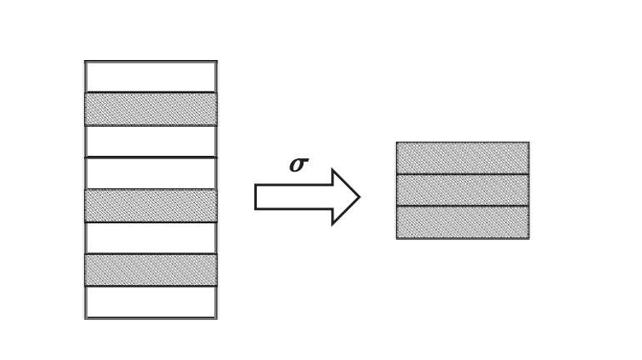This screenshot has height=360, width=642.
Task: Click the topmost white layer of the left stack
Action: click(x=151, y=77)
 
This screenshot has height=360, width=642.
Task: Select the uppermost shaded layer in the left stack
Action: click(x=151, y=109)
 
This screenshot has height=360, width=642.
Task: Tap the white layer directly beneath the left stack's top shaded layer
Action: click(x=151, y=141)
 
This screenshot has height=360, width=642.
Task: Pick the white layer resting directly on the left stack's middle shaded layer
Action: click(x=151, y=173)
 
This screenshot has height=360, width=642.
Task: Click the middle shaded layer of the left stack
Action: click(x=151, y=206)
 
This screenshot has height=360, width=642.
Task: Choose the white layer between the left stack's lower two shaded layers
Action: click(x=151, y=237)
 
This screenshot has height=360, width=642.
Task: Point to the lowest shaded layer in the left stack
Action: click(x=151, y=270)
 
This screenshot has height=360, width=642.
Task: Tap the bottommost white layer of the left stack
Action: click(x=151, y=302)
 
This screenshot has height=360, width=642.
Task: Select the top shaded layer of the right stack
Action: click(x=462, y=158)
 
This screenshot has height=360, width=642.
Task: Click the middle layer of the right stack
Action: click(x=462, y=190)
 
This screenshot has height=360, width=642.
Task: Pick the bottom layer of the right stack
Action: click(x=462, y=222)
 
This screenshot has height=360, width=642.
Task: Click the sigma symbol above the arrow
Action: click(x=298, y=164)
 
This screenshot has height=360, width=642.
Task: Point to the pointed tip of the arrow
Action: click(x=359, y=197)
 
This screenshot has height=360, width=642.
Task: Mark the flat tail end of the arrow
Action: click(x=256, y=197)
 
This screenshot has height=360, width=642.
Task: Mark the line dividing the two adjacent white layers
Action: click(x=151, y=157)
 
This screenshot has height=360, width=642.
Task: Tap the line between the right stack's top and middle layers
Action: click(x=462, y=174)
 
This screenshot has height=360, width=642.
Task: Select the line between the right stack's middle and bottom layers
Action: click(x=462, y=206)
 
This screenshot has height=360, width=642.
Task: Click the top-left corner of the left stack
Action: click(x=85, y=61)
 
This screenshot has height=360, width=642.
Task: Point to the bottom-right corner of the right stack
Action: click(x=528, y=238)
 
